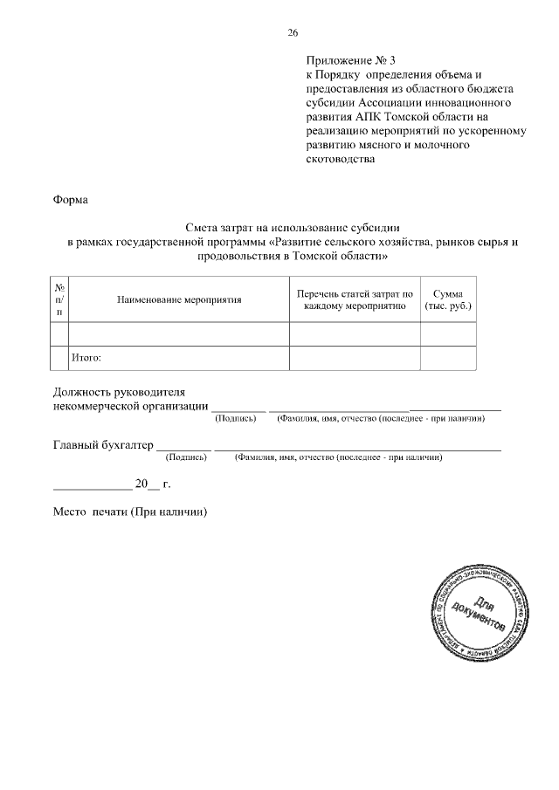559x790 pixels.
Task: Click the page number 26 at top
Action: pyautogui.click(x=293, y=32)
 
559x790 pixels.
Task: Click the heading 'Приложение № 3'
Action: pyautogui.click(x=350, y=61)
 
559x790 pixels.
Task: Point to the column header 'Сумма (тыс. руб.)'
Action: pyautogui.click(x=448, y=299)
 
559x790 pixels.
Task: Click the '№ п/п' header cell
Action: pyautogui.click(x=59, y=299)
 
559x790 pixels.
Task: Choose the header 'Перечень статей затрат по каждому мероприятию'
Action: pyautogui.click(x=355, y=299)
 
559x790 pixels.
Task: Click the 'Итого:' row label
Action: pyautogui.click(x=86, y=357)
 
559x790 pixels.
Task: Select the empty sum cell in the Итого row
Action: pyautogui.click(x=448, y=358)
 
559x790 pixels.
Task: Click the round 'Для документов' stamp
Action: pyautogui.click(x=479, y=610)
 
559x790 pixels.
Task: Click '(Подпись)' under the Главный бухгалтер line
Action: pyautogui.click(x=186, y=457)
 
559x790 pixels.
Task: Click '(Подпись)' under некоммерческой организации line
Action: pyautogui.click(x=236, y=418)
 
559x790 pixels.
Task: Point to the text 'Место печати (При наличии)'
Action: pyautogui.click(x=130, y=512)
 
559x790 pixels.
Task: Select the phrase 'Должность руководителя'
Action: pyautogui.click(x=120, y=392)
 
